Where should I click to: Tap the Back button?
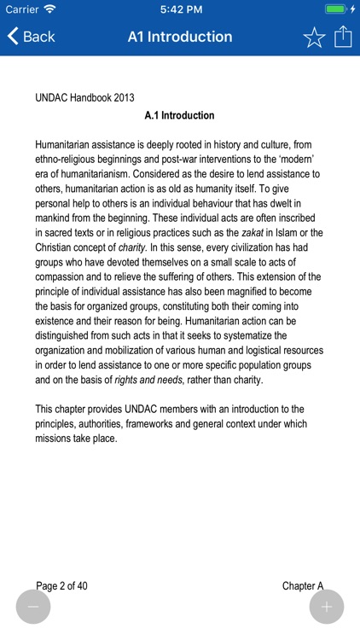point(32,37)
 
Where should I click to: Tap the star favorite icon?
point(314,37)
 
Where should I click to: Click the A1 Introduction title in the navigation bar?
point(180,37)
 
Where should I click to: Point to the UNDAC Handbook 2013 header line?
point(84,98)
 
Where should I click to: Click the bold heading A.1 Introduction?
point(179,115)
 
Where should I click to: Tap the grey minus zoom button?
point(33,607)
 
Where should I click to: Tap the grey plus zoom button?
point(327,607)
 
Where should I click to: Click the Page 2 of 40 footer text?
point(61,585)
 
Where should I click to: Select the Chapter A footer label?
point(303,585)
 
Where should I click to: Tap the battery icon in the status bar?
point(336,9)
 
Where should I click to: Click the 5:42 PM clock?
point(179,9)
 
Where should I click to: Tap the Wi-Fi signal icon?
point(51,9)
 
